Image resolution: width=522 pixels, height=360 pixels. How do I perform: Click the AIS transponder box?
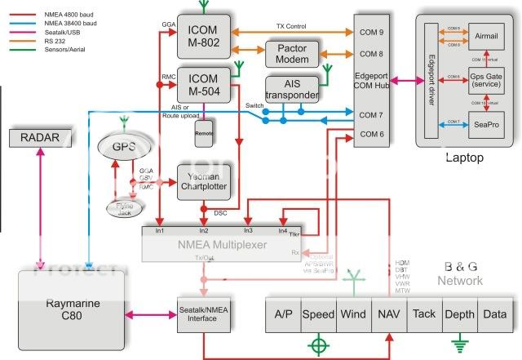coord(291,91)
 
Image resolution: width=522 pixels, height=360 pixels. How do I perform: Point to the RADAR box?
coord(40,138)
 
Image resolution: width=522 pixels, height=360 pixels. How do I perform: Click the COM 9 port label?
coord(371,33)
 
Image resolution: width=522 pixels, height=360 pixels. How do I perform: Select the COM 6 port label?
coord(371,134)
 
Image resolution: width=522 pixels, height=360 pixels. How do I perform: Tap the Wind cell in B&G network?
coord(352,313)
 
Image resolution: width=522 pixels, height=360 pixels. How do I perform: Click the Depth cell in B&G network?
coord(460,313)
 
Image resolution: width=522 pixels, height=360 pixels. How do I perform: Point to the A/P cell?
coord(284,313)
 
